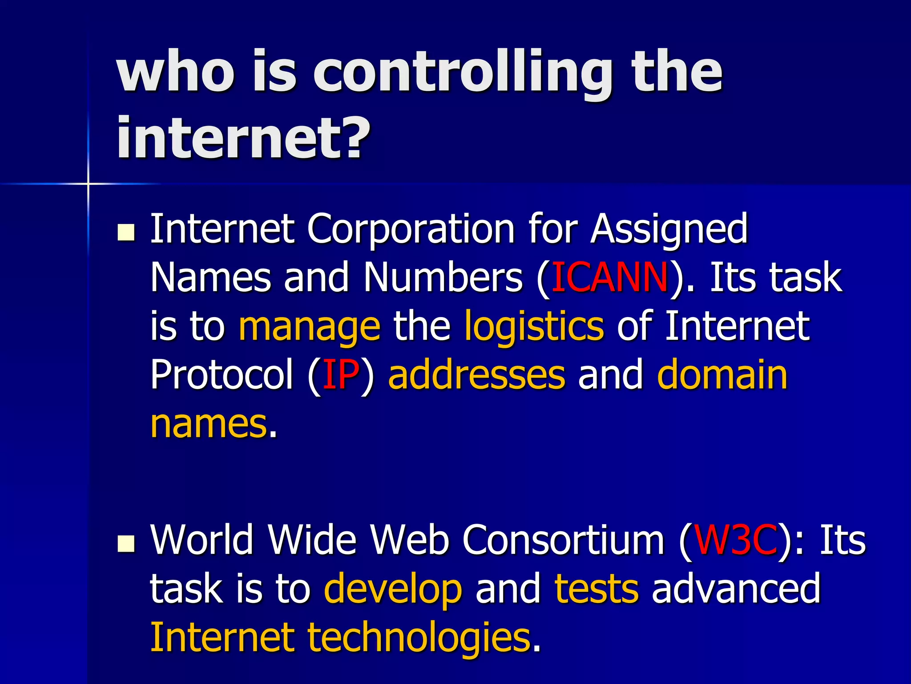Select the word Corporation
pyautogui.click(x=411, y=229)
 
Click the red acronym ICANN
pyautogui.click(x=609, y=277)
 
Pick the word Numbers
pyautogui.click(x=443, y=277)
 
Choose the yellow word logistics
pyautogui.click(x=534, y=327)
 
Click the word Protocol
pyautogui.click(x=222, y=375)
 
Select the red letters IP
pyautogui.click(x=341, y=375)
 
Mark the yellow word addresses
pyautogui.click(x=476, y=375)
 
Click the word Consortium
pyautogui.click(x=563, y=540)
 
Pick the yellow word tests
pyautogui.click(x=597, y=589)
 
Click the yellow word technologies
pyautogui.click(x=419, y=639)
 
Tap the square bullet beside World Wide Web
pyautogui.click(x=126, y=543)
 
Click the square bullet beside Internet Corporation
pyautogui.click(x=126, y=232)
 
